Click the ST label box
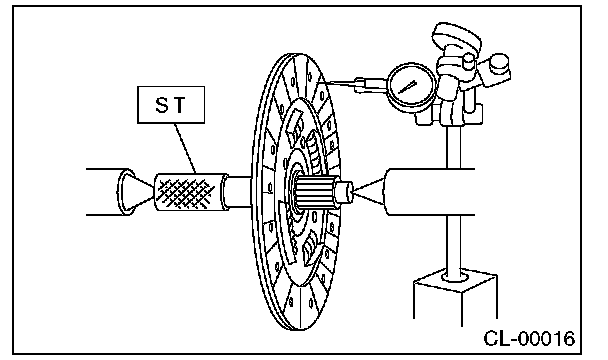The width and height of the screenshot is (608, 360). (x=171, y=105)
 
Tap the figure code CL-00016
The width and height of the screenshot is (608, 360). (x=529, y=339)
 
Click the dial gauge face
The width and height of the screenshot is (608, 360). (x=411, y=87)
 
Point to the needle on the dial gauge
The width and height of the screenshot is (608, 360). (x=407, y=87)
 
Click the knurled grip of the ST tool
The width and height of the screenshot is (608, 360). (x=187, y=192)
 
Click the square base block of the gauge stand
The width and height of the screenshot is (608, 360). (x=455, y=297)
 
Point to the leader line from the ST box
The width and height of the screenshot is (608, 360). (x=185, y=148)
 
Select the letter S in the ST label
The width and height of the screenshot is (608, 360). (x=162, y=105)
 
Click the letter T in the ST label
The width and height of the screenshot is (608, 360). (x=180, y=105)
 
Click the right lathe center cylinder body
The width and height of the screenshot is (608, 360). (x=429, y=191)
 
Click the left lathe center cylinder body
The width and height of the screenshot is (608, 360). (x=105, y=192)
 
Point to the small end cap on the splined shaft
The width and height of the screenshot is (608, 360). (x=343, y=192)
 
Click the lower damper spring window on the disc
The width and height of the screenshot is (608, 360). (x=311, y=247)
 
